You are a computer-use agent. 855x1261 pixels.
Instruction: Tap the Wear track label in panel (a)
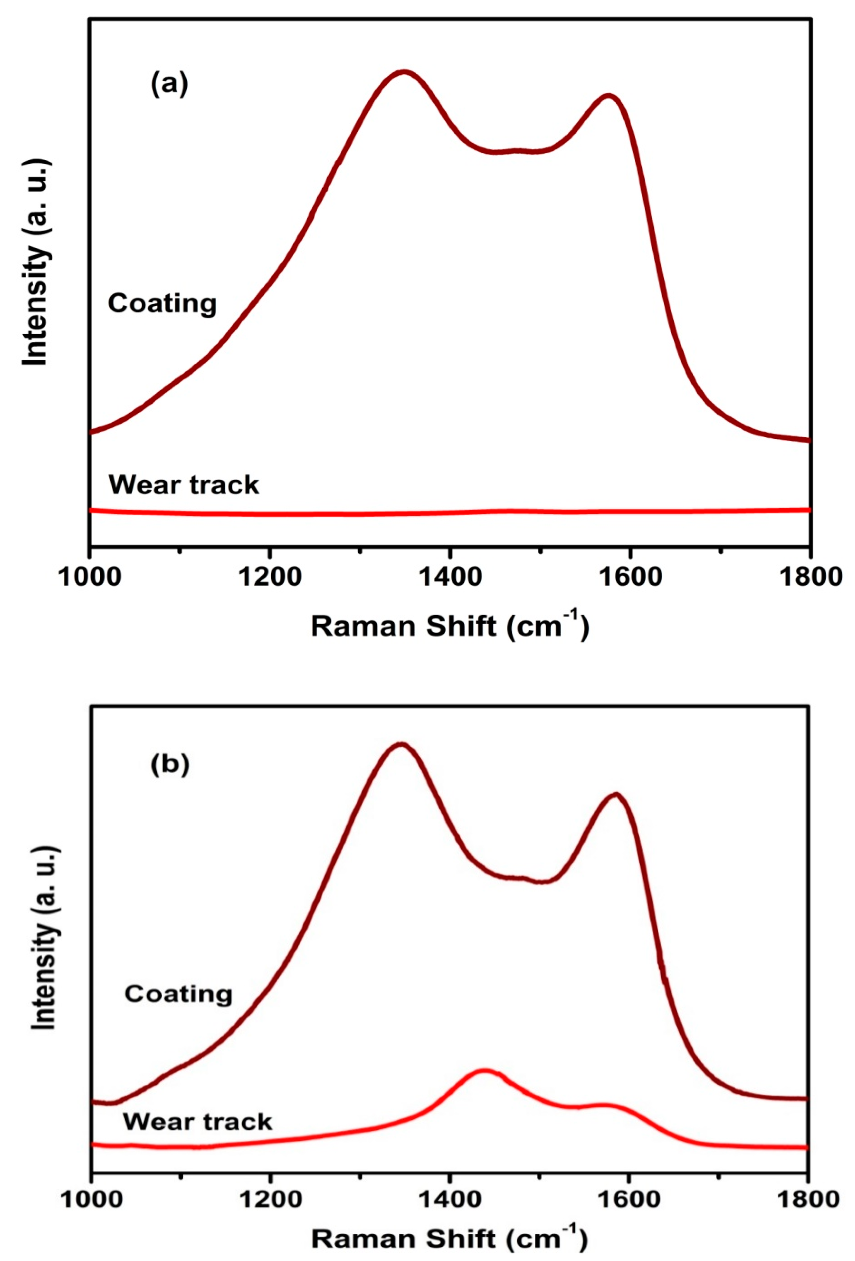(184, 484)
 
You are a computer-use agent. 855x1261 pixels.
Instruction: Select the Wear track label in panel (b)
(197, 1121)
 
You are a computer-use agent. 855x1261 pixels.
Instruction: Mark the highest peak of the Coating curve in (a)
(403, 72)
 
